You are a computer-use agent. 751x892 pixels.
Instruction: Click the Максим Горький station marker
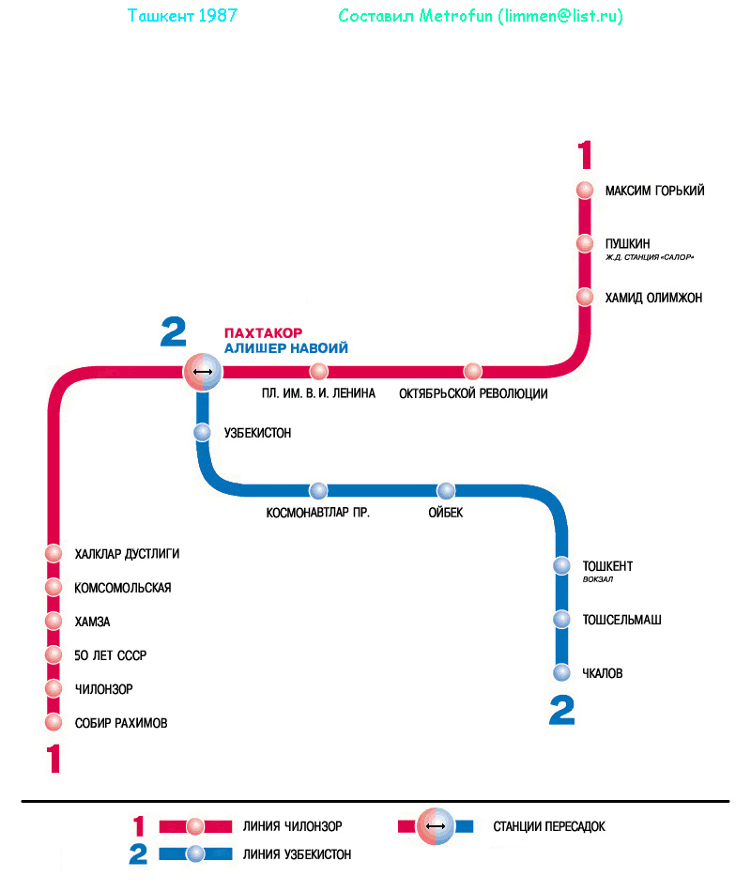pyautogui.click(x=585, y=191)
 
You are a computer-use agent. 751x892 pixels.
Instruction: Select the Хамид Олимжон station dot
pyautogui.click(x=585, y=298)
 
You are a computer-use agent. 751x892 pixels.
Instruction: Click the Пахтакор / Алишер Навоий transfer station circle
pyautogui.click(x=202, y=373)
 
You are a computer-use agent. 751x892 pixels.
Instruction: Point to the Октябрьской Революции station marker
pyautogui.click(x=473, y=372)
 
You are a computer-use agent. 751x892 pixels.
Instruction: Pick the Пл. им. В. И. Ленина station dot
pyautogui.click(x=319, y=372)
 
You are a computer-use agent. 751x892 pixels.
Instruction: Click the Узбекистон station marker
pyautogui.click(x=202, y=433)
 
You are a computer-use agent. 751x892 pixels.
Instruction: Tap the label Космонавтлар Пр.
pyautogui.click(x=318, y=513)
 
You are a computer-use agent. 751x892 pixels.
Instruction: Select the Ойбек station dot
pyautogui.click(x=446, y=491)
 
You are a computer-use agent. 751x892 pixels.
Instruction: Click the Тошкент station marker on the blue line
pyautogui.click(x=561, y=566)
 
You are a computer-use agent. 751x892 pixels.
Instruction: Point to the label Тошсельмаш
pyautogui.click(x=621, y=620)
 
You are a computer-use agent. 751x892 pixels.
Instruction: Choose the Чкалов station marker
pyautogui.click(x=561, y=673)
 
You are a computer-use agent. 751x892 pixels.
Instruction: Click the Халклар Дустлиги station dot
pyautogui.click(x=54, y=554)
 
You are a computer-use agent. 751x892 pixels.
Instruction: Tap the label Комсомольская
pyautogui.click(x=123, y=588)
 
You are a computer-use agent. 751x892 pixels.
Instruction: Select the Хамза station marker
pyautogui.click(x=54, y=622)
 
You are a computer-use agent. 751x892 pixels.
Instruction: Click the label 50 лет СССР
pyautogui.click(x=111, y=655)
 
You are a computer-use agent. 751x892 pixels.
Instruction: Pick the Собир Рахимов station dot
pyautogui.click(x=54, y=723)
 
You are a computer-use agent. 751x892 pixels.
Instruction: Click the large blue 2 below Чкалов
pyautogui.click(x=561, y=711)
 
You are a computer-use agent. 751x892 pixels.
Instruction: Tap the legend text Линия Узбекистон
pyautogui.click(x=297, y=854)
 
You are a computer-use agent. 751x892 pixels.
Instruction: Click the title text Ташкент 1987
pyautogui.click(x=181, y=17)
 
